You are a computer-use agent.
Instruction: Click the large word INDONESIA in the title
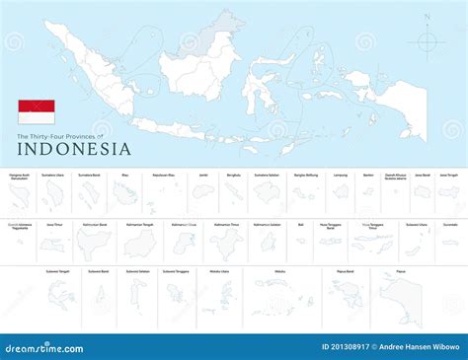(x=74, y=149)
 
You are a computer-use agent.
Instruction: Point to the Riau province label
(x=124, y=175)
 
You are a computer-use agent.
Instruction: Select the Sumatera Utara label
(x=53, y=175)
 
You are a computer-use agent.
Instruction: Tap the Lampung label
(x=340, y=175)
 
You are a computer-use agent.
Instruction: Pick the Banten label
(x=368, y=175)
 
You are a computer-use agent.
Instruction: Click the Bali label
(x=300, y=224)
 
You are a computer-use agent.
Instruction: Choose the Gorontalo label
(x=450, y=224)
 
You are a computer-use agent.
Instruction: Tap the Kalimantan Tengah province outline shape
(x=140, y=242)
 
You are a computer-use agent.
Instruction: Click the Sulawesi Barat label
(x=99, y=270)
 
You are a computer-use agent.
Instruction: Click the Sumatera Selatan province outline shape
(x=268, y=192)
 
